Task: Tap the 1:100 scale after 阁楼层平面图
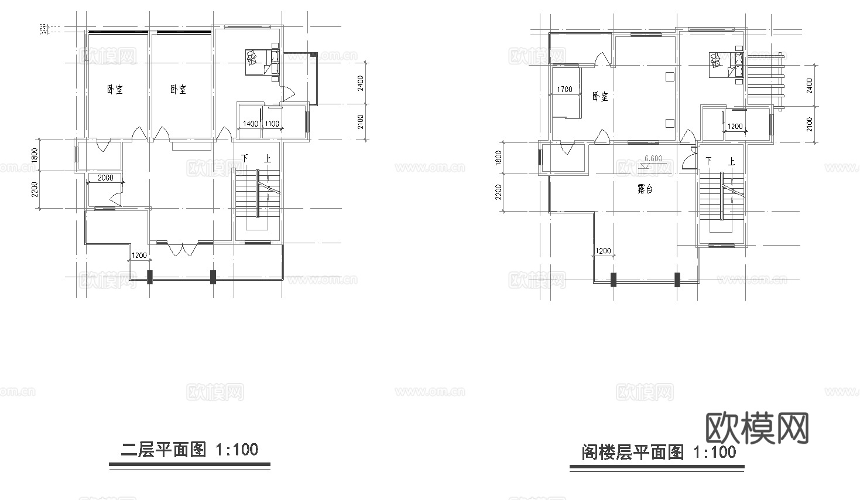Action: pos(714,452)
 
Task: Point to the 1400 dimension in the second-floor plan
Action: pos(250,124)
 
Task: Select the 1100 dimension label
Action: pos(272,124)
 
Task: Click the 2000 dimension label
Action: pos(105,178)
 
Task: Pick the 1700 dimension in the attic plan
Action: pos(565,89)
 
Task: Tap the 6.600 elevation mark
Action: pos(653,158)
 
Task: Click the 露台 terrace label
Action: pos(645,190)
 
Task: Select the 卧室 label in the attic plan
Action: pos(600,97)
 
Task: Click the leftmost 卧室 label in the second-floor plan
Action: pos(115,90)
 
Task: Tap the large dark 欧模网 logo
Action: pos(758,428)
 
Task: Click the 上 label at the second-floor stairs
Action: pos(267,159)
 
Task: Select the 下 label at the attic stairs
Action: pos(709,161)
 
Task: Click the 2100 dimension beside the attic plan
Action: pos(809,124)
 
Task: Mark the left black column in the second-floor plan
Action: pos(150,277)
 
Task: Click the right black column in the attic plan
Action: pos(677,280)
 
